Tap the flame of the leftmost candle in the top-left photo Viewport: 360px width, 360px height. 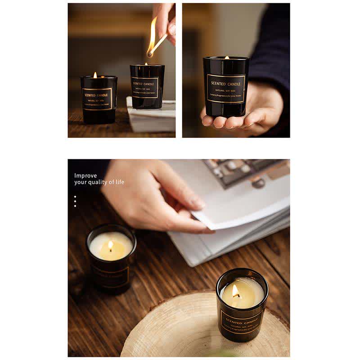[x=95, y=75]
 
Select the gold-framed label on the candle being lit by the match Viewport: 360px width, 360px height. [x=145, y=87]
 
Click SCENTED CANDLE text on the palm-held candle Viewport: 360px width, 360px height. [x=226, y=84]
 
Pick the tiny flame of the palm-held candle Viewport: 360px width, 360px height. [x=227, y=58]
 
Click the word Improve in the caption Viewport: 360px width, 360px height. [x=85, y=176]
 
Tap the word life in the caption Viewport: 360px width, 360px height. [x=119, y=182]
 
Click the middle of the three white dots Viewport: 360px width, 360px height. [x=75, y=201]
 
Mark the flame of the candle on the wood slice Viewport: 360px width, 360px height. [x=236, y=291]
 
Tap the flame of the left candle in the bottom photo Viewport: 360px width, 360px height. [x=110, y=246]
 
